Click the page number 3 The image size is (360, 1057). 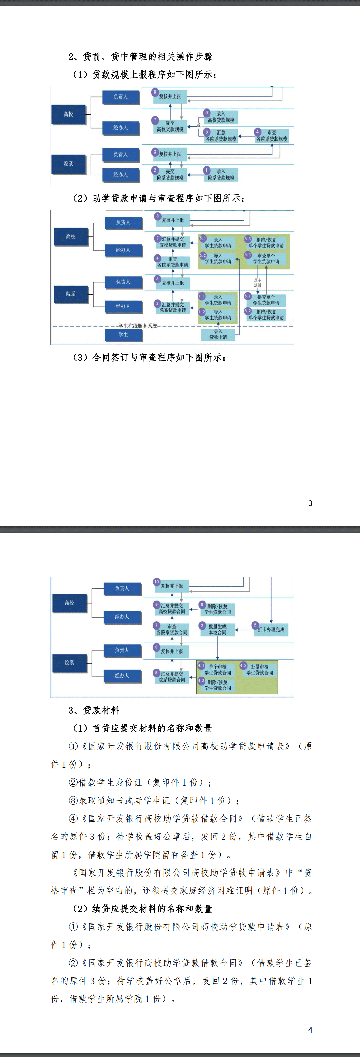[310, 503]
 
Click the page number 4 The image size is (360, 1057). [310, 1029]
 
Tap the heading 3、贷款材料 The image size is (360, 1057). [94, 710]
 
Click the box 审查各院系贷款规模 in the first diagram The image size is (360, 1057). [271, 136]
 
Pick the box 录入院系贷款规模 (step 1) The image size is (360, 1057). [221, 175]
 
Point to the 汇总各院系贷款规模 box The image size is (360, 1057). [221, 136]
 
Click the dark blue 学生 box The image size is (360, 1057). [123, 335]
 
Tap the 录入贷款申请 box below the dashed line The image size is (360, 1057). [218, 334]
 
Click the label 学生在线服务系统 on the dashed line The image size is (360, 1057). [138, 326]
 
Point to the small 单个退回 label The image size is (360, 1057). [257, 283]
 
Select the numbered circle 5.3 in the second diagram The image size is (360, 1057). [248, 238]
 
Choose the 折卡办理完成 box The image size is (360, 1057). [270, 630]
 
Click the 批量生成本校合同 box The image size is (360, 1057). [217, 630]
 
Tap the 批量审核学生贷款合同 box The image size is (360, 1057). [260, 670]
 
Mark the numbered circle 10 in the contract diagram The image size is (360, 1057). [156, 582]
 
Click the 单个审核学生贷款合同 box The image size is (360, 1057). [217, 670]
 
